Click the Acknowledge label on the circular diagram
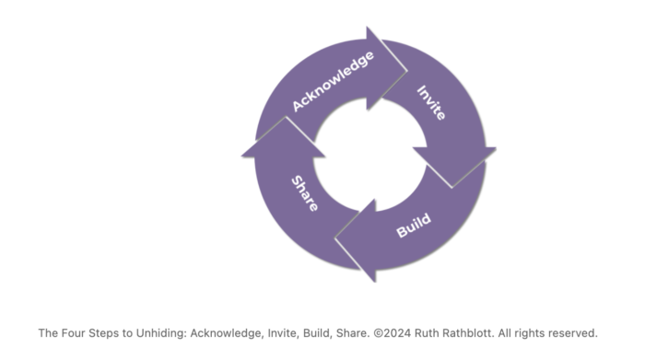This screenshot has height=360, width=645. pos(333,81)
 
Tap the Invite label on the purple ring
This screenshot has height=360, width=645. pos(431,104)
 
